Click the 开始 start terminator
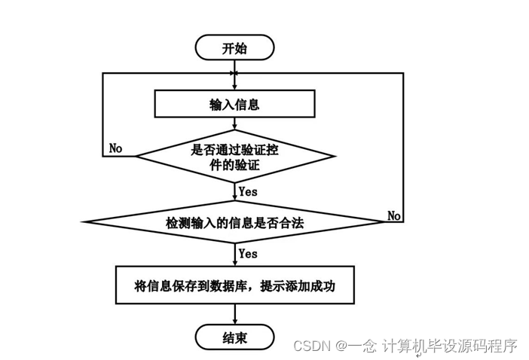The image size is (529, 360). click(234, 48)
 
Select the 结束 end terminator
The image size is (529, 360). click(234, 337)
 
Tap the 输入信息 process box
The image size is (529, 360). click(234, 105)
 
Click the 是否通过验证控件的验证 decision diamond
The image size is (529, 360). click(235, 156)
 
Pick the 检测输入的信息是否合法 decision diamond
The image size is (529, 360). click(234, 223)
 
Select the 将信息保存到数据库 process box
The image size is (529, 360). click(234, 285)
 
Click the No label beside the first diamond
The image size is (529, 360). click(115, 148)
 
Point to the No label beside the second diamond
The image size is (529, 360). click(394, 215)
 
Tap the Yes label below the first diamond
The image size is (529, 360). click(248, 191)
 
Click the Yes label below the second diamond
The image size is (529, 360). click(248, 254)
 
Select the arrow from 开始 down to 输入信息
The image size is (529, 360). click(235, 75)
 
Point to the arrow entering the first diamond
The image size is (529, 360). click(235, 127)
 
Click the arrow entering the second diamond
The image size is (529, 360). click(235, 194)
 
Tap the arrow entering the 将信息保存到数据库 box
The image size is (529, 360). click(235, 257)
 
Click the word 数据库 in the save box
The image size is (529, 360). click(234, 285)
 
